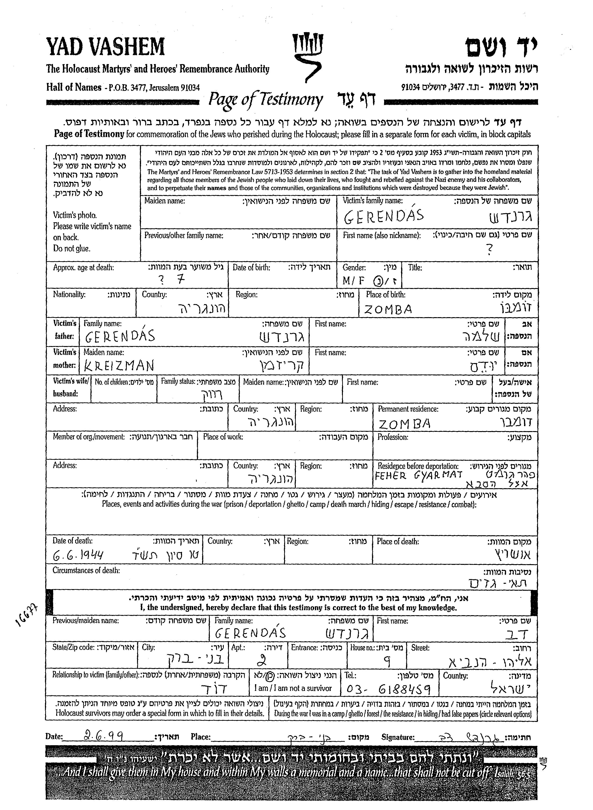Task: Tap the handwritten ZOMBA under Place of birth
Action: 388,309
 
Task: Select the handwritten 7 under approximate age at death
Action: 181,279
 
